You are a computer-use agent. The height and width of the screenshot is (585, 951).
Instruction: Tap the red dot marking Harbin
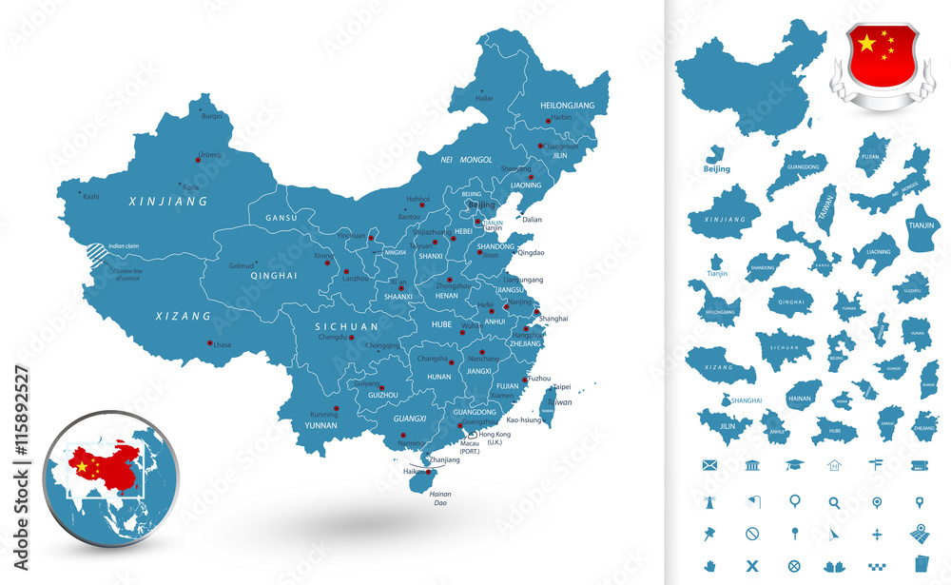(x=548, y=120)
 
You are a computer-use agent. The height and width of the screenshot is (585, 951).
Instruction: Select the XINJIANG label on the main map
(x=168, y=203)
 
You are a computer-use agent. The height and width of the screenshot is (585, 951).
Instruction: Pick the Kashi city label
(x=91, y=197)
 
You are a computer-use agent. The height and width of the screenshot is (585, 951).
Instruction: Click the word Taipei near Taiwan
(x=561, y=387)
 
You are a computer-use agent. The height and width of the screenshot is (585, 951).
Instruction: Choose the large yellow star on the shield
(x=866, y=43)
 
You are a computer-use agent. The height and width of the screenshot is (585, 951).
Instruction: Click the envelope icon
(x=708, y=464)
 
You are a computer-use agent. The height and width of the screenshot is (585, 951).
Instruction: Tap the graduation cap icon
(x=793, y=464)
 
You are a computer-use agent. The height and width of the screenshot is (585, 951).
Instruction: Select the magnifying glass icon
(x=834, y=502)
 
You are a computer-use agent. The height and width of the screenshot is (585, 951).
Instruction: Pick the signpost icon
(x=876, y=464)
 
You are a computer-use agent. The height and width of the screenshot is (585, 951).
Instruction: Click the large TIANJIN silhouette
(x=922, y=228)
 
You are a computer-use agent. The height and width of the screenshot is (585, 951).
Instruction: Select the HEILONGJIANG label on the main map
(x=567, y=104)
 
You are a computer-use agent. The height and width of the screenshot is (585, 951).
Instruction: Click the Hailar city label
(x=485, y=98)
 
